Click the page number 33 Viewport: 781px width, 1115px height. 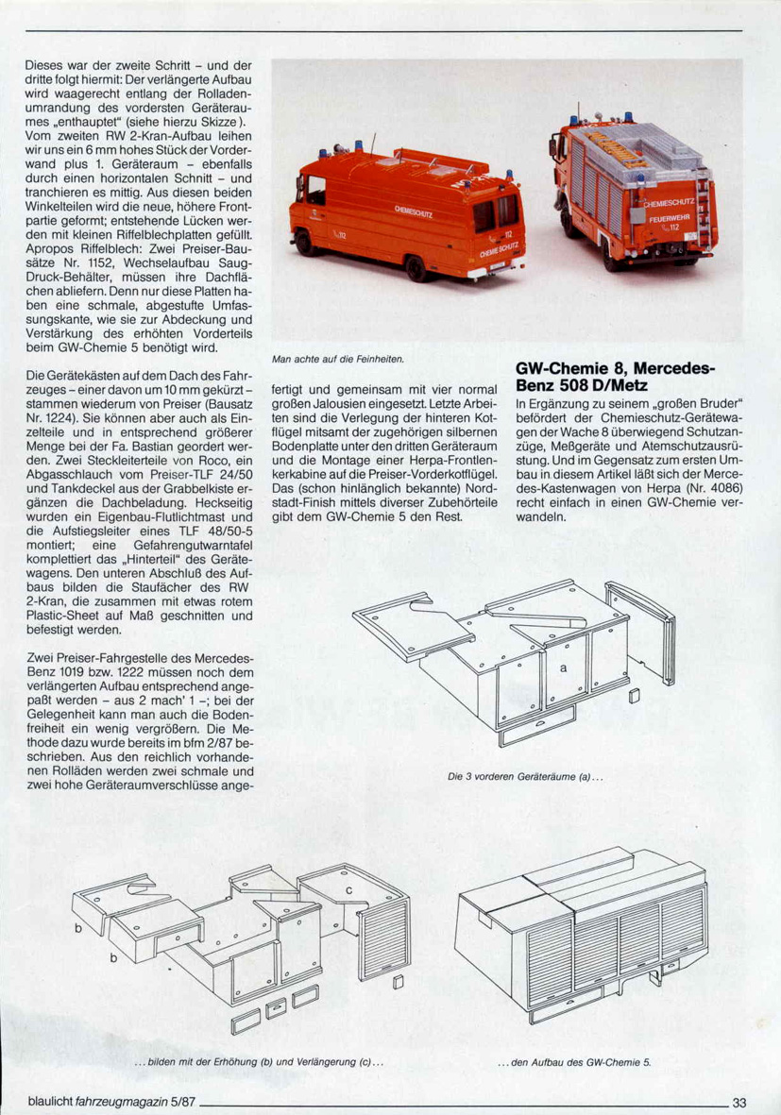tap(739, 1101)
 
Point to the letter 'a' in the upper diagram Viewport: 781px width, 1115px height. tap(564, 667)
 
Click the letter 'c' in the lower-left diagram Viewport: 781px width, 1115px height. tap(348, 889)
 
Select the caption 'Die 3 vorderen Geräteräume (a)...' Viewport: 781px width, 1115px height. tap(525, 777)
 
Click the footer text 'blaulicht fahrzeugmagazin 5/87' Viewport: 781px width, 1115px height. tap(103, 1101)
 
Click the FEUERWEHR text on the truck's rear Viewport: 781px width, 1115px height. tap(669, 217)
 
